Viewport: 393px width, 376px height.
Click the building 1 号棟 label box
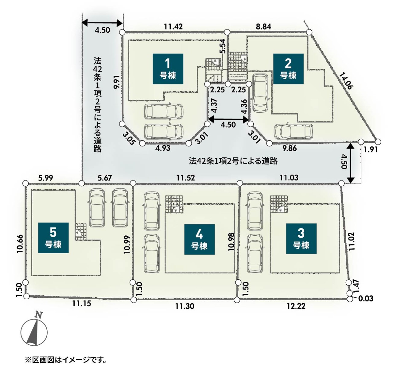pyautogui.click(x=168, y=69)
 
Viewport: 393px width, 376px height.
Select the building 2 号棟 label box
pyautogui.click(x=288, y=69)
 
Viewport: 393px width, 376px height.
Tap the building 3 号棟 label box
pyautogui.click(x=301, y=238)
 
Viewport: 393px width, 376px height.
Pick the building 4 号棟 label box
pyautogui.click(x=199, y=239)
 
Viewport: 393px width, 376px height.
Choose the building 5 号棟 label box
pyautogui.click(x=53, y=238)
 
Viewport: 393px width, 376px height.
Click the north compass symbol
pyautogui.click(x=34, y=331)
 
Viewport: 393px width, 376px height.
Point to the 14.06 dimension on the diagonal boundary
pyautogui.click(x=346, y=80)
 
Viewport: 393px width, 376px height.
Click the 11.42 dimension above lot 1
pyautogui.click(x=173, y=26)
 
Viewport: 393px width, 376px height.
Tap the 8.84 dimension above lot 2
pyautogui.click(x=263, y=26)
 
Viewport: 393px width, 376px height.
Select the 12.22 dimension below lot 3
pyautogui.click(x=296, y=306)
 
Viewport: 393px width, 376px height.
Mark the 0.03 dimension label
pyautogui.click(x=366, y=298)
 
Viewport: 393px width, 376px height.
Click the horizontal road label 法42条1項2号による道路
pyautogui.click(x=233, y=161)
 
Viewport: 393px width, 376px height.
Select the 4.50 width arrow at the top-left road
pyautogui.click(x=103, y=22)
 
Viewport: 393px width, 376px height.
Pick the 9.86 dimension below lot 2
pyautogui.click(x=290, y=148)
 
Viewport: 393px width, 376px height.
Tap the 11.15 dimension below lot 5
pyautogui.click(x=82, y=304)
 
